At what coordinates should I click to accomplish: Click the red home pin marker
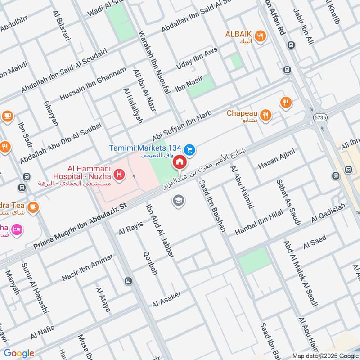click(x=180, y=162)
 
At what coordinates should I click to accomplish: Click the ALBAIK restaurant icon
click(x=260, y=36)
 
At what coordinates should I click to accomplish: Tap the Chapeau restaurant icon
click(x=266, y=115)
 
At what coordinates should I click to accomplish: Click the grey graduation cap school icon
click(x=179, y=201)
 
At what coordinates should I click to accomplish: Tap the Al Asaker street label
click(x=166, y=299)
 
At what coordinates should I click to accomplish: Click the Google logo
click(x=19, y=353)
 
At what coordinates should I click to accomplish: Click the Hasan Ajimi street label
click(x=276, y=159)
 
